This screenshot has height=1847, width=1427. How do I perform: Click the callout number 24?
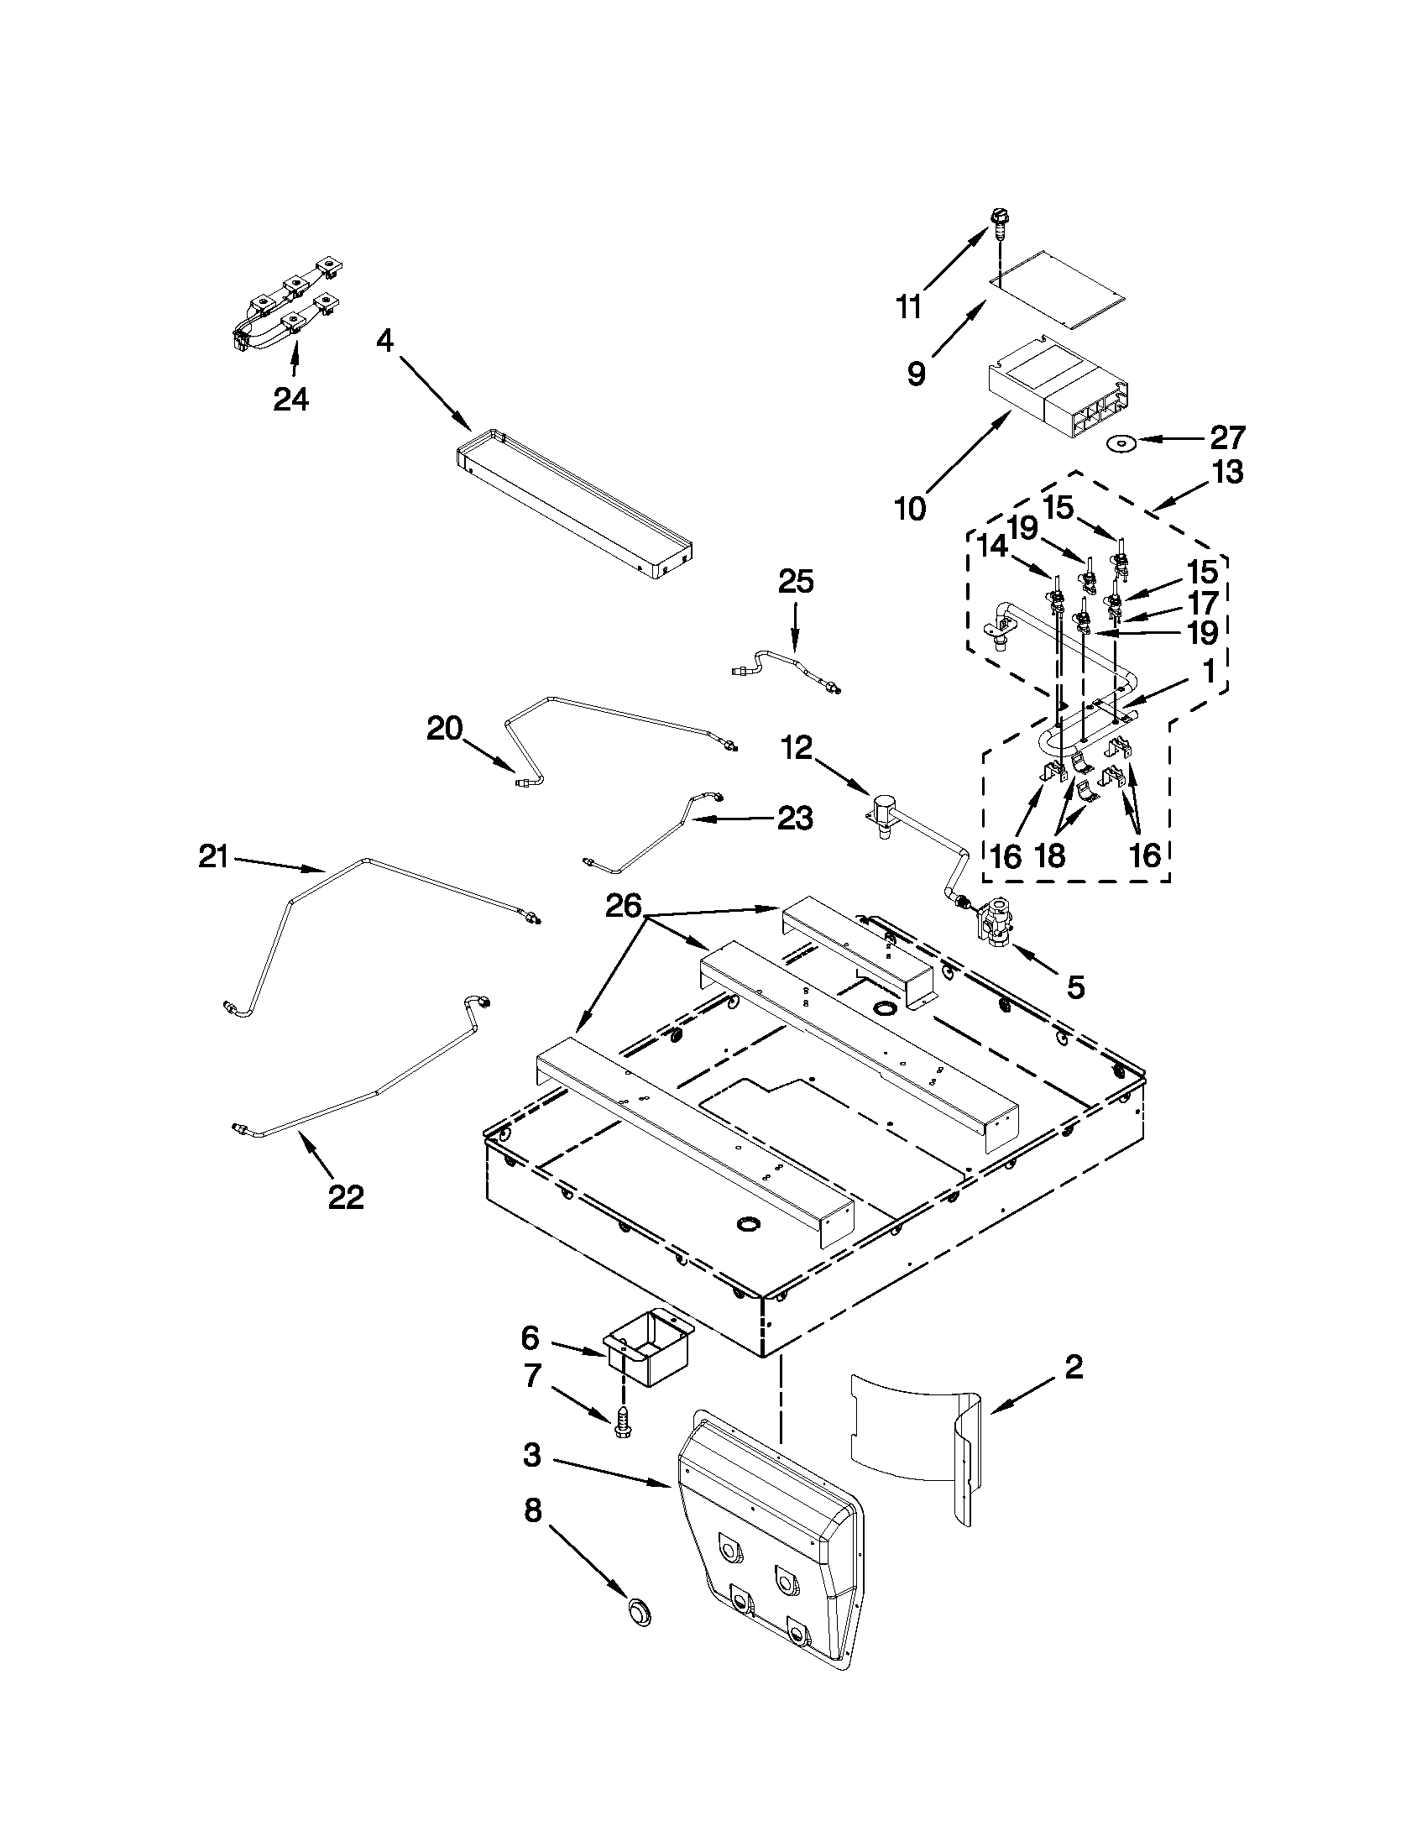point(290,398)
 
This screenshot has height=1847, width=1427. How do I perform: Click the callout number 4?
point(385,341)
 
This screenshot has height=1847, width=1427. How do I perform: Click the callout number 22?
point(345,1196)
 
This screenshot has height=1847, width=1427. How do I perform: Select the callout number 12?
point(797,747)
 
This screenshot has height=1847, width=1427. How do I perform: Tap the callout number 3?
point(531,1456)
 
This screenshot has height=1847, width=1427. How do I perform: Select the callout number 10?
point(912,509)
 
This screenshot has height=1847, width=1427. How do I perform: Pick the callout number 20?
point(445,728)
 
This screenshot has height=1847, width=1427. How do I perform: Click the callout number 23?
point(795,818)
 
